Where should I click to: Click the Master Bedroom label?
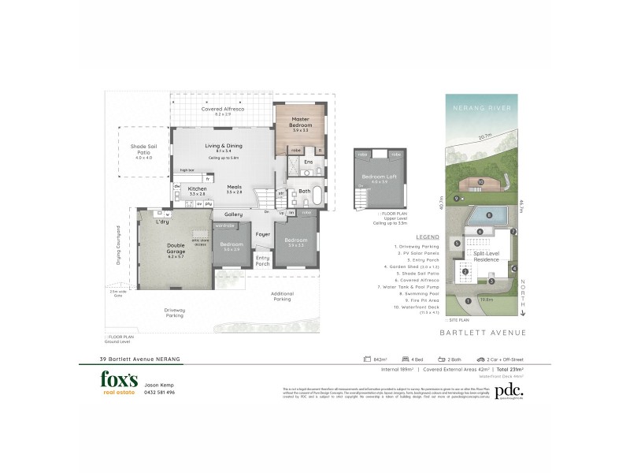click(297, 123)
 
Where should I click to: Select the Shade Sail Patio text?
click(143, 150)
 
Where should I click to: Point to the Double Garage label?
click(176, 250)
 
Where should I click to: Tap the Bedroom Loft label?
click(380, 177)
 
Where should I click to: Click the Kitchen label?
click(197, 190)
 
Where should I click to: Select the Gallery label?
click(232, 214)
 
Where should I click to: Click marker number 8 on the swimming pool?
click(488, 214)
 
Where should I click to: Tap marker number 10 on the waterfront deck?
click(480, 183)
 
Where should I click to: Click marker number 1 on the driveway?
click(468, 300)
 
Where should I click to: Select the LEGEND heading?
click(428, 236)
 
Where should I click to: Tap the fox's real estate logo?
click(119, 382)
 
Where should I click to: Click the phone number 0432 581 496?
click(160, 392)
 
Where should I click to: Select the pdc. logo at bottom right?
click(511, 389)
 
